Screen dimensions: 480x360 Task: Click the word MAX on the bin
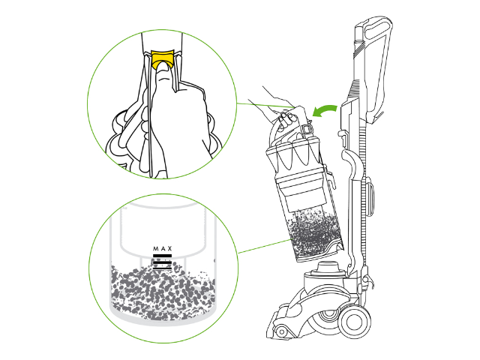tap(163, 248)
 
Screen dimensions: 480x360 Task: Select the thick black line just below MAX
tap(162, 256)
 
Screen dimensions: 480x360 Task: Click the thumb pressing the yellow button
tap(163, 73)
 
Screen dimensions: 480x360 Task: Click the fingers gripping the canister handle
tap(286, 118)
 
